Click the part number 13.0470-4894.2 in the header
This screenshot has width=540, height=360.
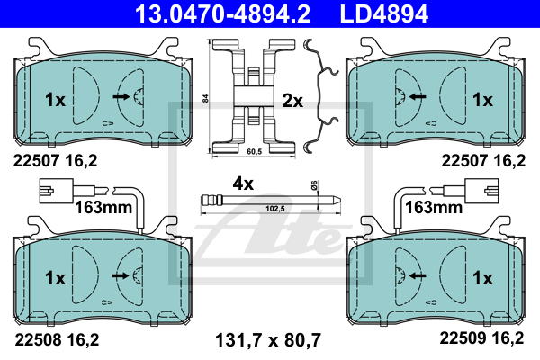222,13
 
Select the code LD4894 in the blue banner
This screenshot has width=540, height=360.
384,13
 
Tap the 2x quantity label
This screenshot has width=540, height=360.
292,101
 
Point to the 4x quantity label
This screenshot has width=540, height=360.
243,184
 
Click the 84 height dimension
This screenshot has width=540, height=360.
205,98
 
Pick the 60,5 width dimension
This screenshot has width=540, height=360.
255,151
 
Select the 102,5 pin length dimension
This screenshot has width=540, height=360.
275,209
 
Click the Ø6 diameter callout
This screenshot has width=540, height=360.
314,185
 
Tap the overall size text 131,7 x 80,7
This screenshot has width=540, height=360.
268,340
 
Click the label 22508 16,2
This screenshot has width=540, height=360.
57,339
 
